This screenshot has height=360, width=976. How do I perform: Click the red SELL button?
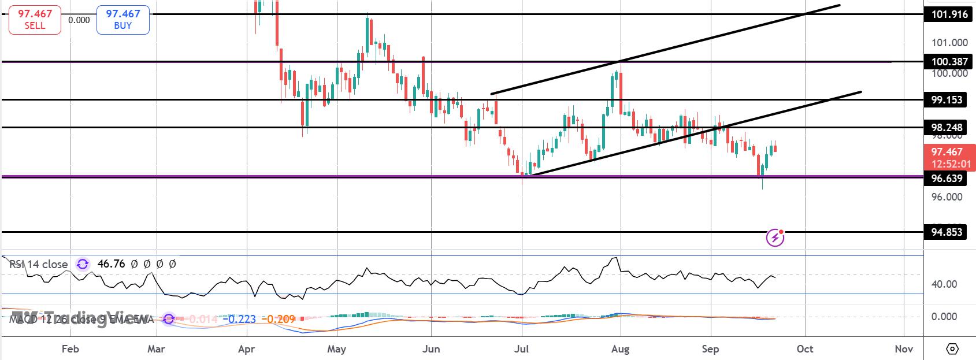[x=35, y=20]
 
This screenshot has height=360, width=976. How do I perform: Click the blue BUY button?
[x=123, y=20]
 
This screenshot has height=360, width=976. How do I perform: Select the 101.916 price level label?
[x=946, y=14]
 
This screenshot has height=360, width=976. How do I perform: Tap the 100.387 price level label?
[x=946, y=62]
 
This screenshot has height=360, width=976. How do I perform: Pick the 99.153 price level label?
[x=946, y=100]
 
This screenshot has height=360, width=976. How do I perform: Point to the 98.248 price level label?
[x=946, y=127]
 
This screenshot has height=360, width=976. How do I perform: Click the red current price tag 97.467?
[x=946, y=152]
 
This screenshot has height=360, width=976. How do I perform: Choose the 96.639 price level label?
[x=946, y=178]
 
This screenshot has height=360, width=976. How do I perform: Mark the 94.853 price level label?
[x=946, y=232]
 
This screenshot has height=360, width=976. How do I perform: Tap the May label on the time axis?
[x=336, y=349]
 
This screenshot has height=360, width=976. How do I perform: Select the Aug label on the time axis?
[x=620, y=349]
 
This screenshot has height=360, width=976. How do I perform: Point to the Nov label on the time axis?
[x=903, y=349]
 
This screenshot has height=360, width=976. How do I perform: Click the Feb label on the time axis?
[x=70, y=349]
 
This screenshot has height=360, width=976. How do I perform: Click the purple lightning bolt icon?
[x=775, y=237]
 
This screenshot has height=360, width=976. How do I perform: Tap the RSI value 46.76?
[x=111, y=264]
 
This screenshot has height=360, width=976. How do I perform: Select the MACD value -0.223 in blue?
[x=242, y=319]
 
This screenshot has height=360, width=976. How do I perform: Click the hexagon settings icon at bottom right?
[x=952, y=349]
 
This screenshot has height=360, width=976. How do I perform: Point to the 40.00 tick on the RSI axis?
[x=944, y=284]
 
